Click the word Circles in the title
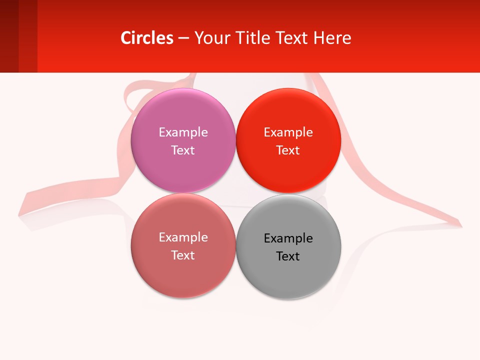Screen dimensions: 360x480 146,38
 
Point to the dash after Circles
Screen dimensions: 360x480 183,38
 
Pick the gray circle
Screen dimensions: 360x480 288,275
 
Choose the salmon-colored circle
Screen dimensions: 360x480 183,275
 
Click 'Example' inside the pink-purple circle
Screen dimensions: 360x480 183,132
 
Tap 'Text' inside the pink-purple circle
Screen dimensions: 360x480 183,150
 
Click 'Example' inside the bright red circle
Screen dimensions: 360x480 288,132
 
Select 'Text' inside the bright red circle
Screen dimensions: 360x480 288,150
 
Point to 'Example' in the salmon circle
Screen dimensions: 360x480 183,237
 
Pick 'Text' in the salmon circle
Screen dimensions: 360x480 183,255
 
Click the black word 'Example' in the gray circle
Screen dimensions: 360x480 288,238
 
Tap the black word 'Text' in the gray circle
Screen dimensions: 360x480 288,256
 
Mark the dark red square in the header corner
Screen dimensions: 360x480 9,36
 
